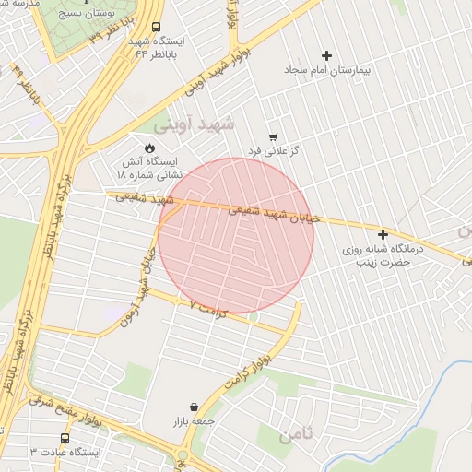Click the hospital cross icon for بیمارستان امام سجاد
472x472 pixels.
tap(326, 56)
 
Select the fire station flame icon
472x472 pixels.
tap(150, 147)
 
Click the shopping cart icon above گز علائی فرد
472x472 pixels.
tap(272, 136)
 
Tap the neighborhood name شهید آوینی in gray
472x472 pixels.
tap(195, 123)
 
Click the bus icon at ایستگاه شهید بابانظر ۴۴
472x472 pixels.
tap(155, 28)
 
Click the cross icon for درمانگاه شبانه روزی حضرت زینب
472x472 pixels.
tap(383, 234)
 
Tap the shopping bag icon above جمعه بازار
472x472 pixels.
tap(194, 407)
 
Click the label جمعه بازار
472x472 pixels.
tap(193, 421)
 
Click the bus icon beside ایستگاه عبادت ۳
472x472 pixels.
tap(65, 438)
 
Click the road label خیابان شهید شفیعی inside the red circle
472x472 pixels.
tap(275, 214)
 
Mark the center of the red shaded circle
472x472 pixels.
tap(236, 236)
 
